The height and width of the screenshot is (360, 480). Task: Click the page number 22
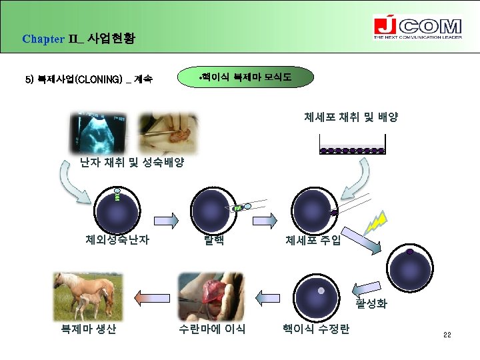[447, 335]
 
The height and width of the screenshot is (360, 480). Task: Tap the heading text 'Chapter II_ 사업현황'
[78, 38]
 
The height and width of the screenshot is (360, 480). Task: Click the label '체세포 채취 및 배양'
[351, 117]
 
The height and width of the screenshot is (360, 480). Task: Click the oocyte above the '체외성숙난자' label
[117, 211]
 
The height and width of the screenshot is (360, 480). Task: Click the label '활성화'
[371, 304]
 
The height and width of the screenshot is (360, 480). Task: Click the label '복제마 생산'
[88, 329]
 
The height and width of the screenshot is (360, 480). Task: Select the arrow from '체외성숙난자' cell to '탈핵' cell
[165, 219]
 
